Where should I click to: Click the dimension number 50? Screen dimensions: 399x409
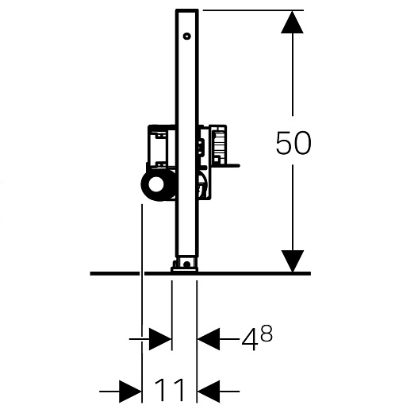click(293, 143)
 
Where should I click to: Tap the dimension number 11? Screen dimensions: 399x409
click(169, 390)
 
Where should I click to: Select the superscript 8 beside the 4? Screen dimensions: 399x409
click(266, 334)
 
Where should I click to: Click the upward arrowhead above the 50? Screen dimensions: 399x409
click(292, 22)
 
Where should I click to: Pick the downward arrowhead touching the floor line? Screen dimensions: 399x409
click(292, 261)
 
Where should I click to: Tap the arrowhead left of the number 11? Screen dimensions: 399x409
click(130, 392)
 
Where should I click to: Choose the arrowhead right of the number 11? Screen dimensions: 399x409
click(209, 392)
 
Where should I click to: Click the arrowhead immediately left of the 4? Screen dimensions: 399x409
click(209, 339)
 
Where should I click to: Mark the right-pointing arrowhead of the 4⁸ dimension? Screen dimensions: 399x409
click(160, 339)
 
